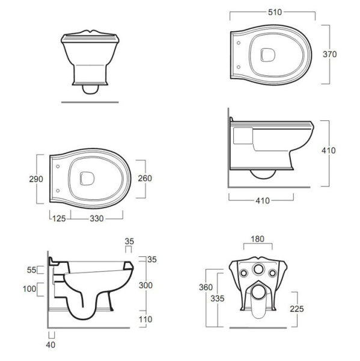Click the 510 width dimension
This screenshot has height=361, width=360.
coord(275,12)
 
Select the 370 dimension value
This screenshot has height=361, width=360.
coord(329,54)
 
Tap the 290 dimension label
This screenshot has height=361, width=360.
coord(36,179)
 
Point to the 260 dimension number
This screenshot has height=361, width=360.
coord(145,178)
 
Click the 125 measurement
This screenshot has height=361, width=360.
coord(59,218)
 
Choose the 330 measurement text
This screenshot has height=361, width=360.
coord(97,218)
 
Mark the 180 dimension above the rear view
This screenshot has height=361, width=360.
coord(257,239)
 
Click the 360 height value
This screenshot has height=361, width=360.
coord(206,287)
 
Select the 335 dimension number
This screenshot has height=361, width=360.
coord(218,298)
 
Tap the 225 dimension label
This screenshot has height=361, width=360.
coord(297,309)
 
